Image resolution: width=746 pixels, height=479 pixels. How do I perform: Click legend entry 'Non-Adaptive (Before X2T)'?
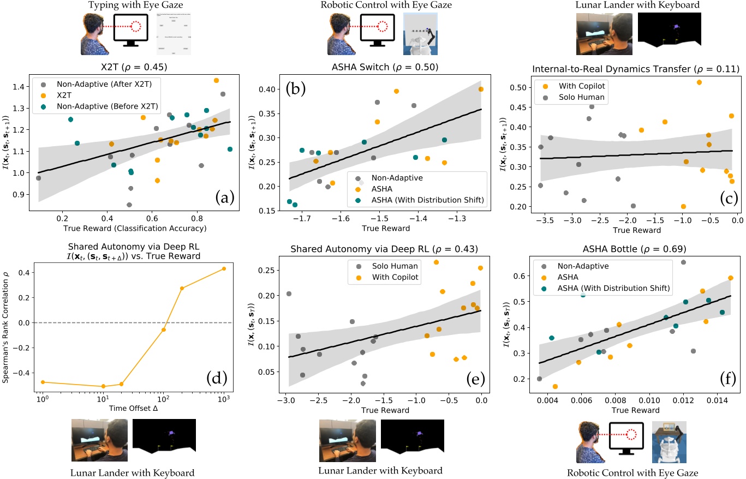(x=107, y=107)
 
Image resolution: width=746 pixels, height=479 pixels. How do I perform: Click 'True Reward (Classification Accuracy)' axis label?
(x=134, y=227)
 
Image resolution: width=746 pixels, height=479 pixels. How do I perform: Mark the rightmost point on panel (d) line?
(x=224, y=268)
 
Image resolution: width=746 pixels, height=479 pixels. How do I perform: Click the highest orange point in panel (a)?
(x=216, y=80)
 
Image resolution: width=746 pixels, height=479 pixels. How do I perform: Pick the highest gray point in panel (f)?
(x=683, y=262)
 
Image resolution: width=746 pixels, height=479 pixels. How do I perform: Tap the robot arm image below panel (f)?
(x=669, y=442)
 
